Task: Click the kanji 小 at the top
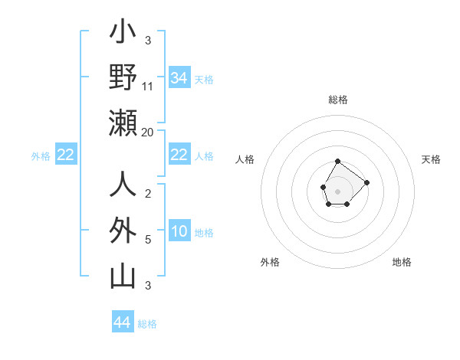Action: click(123, 34)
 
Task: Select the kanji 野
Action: click(123, 77)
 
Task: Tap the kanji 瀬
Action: click(123, 123)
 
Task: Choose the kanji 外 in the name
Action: click(123, 231)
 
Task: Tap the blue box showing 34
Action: click(179, 78)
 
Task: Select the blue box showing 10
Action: click(179, 232)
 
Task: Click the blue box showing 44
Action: click(122, 322)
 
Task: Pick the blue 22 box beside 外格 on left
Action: click(65, 155)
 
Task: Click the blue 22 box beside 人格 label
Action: click(179, 155)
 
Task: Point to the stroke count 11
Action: click(148, 86)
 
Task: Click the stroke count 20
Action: click(148, 132)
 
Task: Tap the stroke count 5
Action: click(147, 240)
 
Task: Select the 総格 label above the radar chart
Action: click(338, 100)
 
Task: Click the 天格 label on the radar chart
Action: click(431, 159)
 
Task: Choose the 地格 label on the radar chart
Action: click(402, 262)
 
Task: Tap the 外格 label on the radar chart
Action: click(270, 262)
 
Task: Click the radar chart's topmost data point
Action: click(338, 161)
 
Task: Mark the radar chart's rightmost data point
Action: click(366, 182)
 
